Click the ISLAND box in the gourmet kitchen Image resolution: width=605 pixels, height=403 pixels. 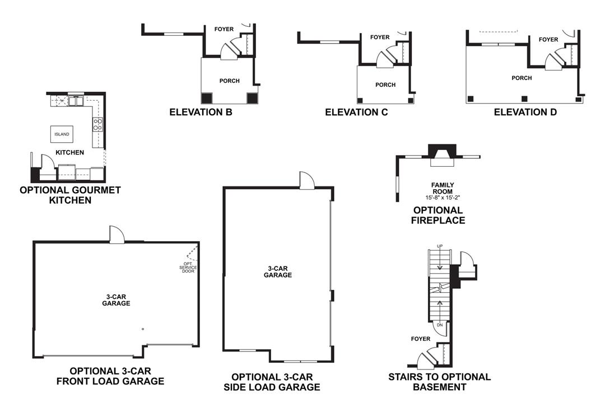click(62, 134)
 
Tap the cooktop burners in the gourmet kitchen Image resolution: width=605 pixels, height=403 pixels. click(97, 124)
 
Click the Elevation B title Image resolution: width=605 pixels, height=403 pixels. click(201, 112)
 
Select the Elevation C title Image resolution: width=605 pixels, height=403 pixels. click(356, 112)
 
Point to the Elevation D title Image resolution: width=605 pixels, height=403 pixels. click(525, 112)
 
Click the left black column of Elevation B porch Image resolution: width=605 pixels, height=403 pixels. click(207, 98)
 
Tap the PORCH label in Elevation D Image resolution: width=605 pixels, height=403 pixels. click(522, 78)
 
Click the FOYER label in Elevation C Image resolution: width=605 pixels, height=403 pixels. click(380, 38)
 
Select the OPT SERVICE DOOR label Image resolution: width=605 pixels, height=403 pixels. click(188, 268)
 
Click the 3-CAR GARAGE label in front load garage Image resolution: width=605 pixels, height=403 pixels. click(116, 300)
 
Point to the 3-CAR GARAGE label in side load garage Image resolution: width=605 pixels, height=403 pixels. click(278, 271)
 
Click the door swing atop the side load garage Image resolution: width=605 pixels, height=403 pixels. click(307, 180)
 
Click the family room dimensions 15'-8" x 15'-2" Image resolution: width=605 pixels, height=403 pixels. click(442, 198)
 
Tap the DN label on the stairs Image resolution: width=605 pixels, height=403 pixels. click(440, 325)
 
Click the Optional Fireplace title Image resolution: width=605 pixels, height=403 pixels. click(439, 215)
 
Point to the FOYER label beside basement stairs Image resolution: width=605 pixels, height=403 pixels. click(420, 339)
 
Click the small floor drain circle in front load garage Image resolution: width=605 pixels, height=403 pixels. click(143, 329)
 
